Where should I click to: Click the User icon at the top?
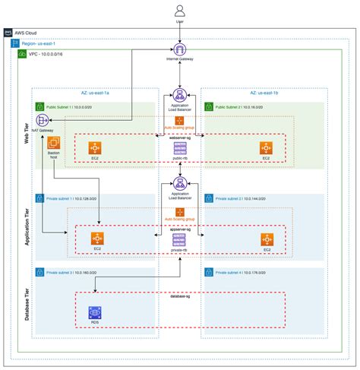click(180, 10)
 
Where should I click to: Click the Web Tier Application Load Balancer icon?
click(180, 95)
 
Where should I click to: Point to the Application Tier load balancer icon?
click(180, 184)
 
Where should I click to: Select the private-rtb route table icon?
click(180, 239)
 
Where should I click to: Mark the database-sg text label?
click(180, 294)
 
